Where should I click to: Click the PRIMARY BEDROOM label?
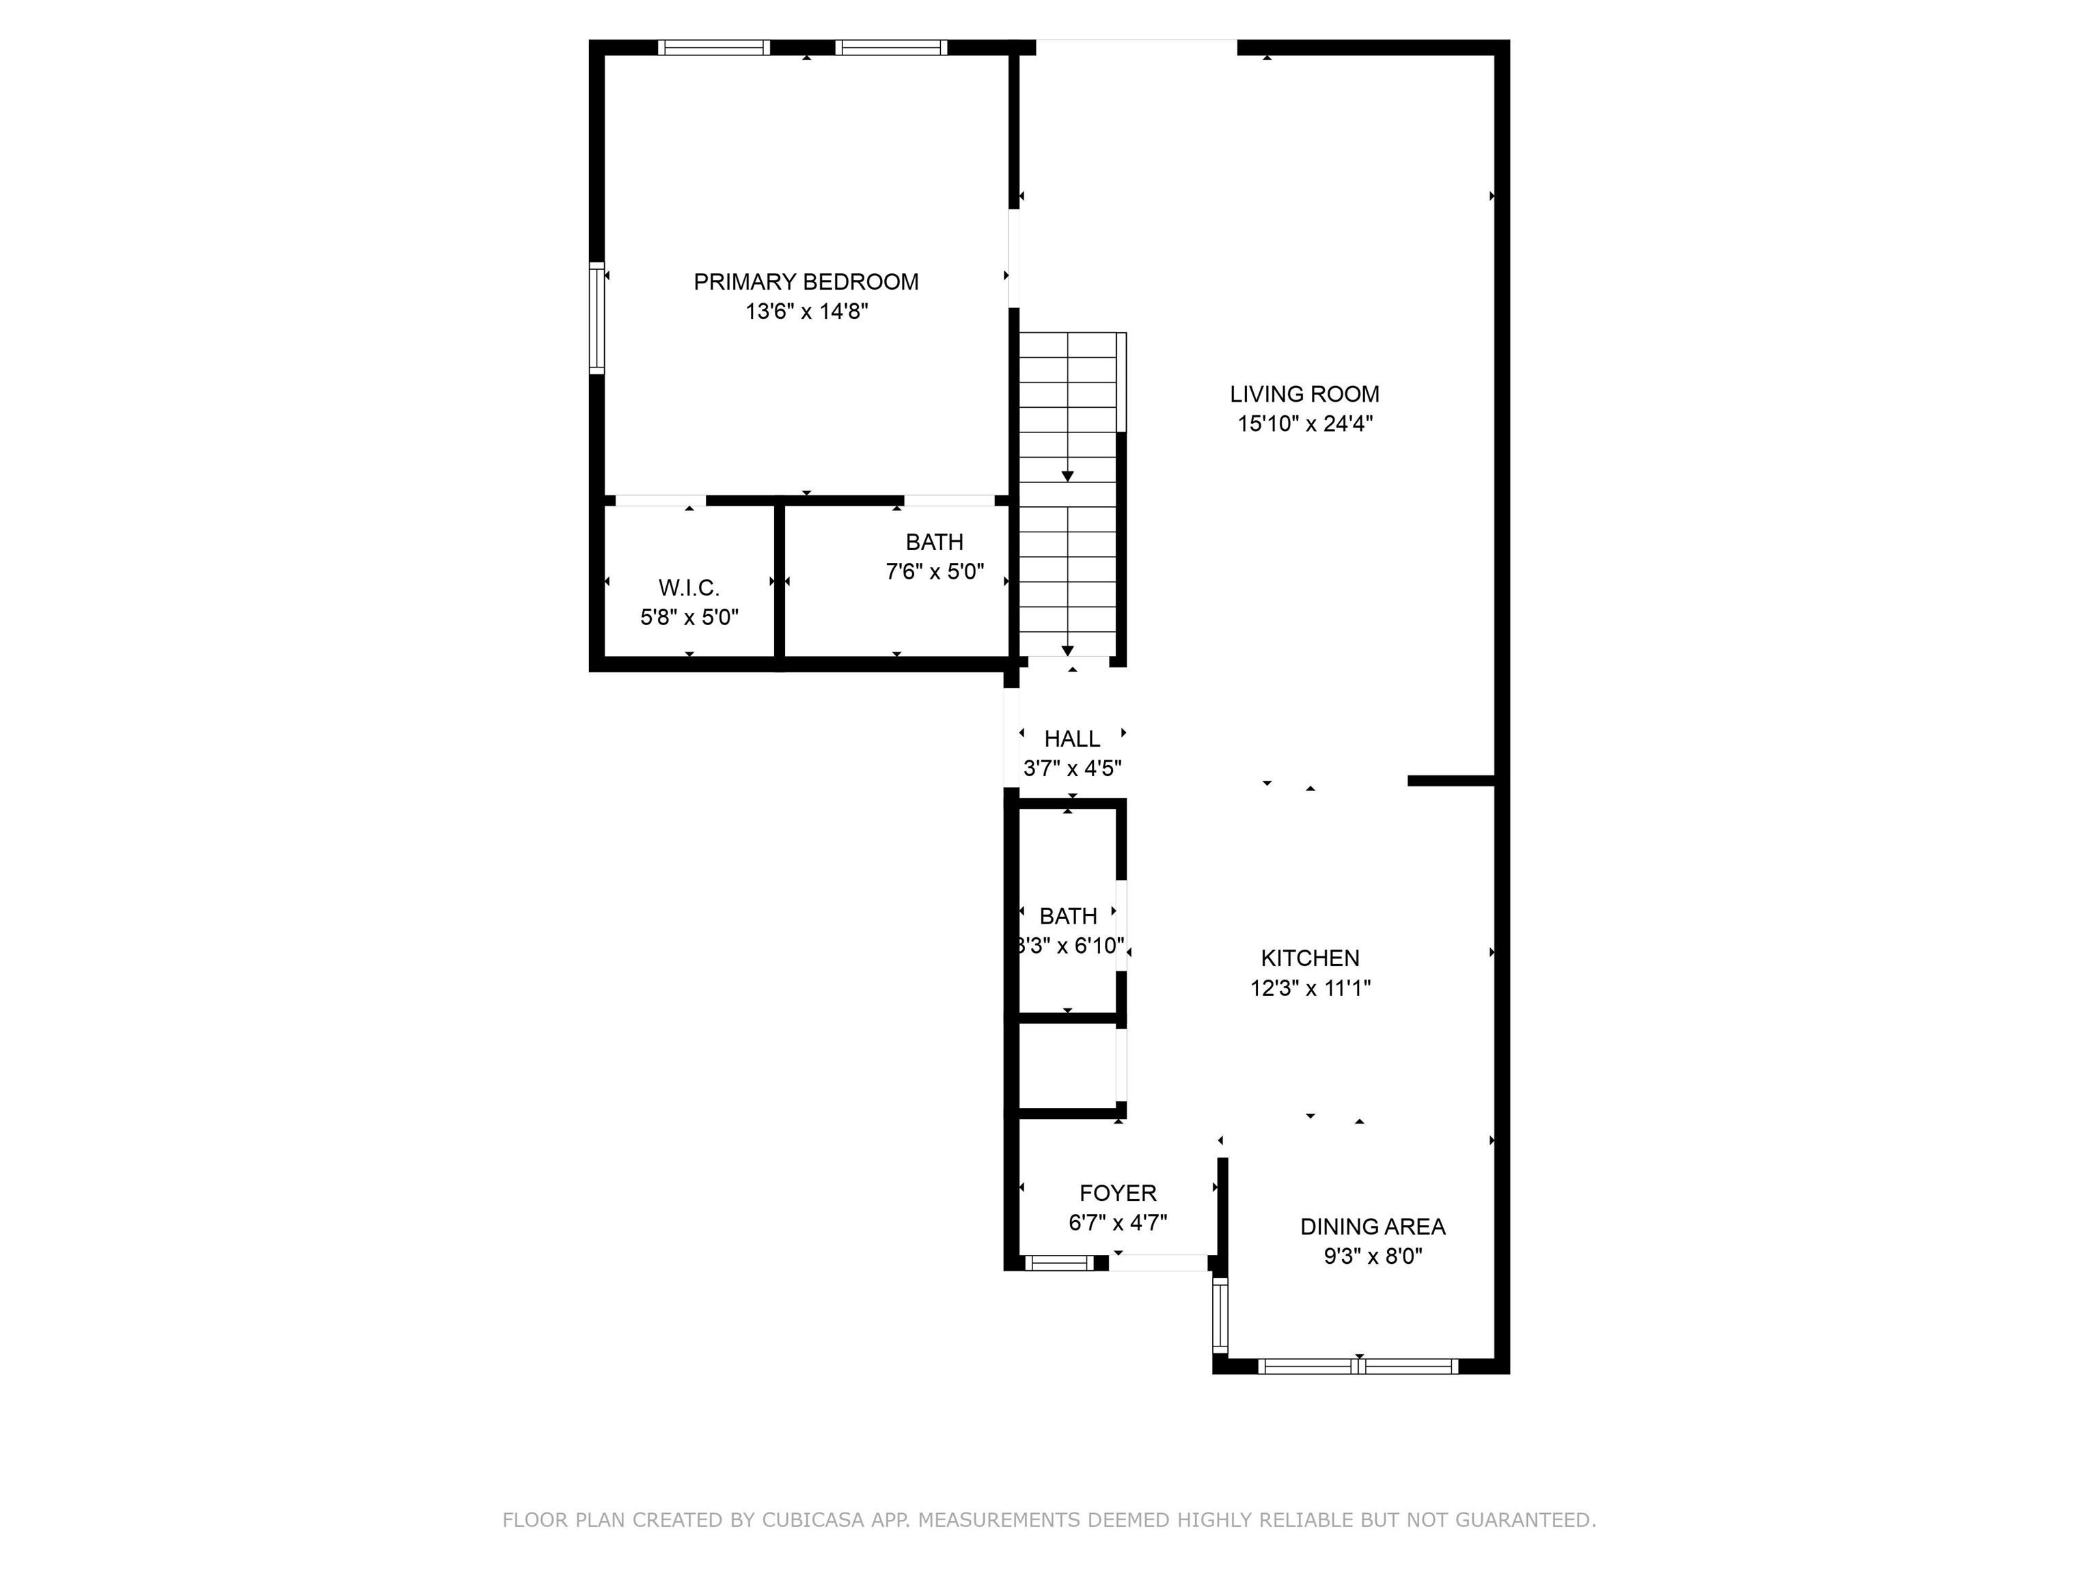pyautogui.click(x=806, y=281)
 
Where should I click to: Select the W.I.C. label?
pyautogui.click(x=689, y=588)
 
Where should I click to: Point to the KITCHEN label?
pyautogui.click(x=1310, y=958)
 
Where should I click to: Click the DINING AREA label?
pyautogui.click(x=1372, y=1227)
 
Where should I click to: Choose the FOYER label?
pyautogui.click(x=1118, y=1193)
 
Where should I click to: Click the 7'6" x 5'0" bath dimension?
pyautogui.click(x=935, y=572)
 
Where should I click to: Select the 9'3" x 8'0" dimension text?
pyautogui.click(x=1372, y=1257)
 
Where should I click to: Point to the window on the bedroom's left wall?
pyautogui.click(x=597, y=317)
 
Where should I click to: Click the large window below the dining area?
pyautogui.click(x=1358, y=1366)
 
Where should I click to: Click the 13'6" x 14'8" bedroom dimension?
pyautogui.click(x=806, y=312)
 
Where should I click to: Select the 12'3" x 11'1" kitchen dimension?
pyautogui.click(x=1310, y=989)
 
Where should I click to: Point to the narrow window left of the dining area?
pyautogui.click(x=1220, y=1314)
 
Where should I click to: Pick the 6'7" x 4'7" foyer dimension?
pyautogui.click(x=1118, y=1223)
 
